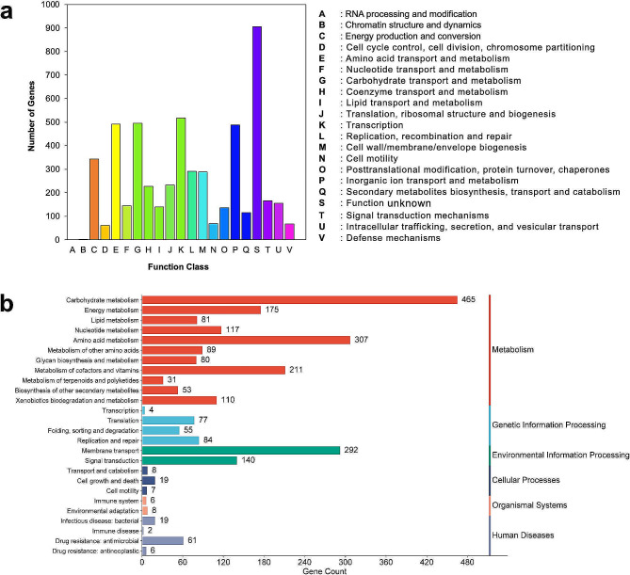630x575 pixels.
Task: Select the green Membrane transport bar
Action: point(240,450)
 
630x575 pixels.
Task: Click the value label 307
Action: point(363,340)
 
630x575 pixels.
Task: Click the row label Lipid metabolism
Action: point(113,320)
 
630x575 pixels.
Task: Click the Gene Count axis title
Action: point(315,570)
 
